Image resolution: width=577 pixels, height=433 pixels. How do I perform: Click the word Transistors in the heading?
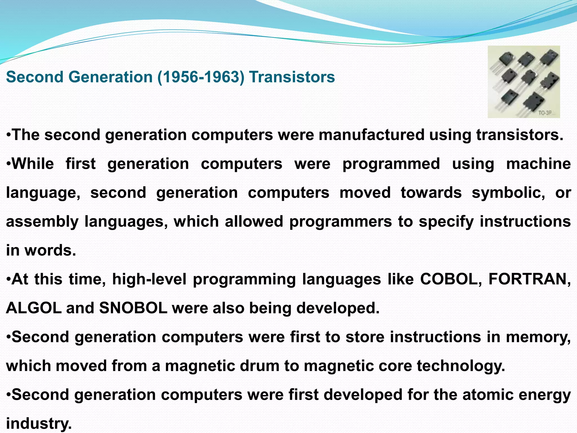(292, 77)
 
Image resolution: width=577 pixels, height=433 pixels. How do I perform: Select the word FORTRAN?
(529, 279)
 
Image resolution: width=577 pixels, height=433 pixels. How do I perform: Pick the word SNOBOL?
(133, 308)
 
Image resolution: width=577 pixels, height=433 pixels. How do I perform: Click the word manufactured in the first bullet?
(371, 135)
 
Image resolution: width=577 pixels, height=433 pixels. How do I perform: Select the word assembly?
(42, 222)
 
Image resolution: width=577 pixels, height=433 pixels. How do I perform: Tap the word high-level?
(149, 279)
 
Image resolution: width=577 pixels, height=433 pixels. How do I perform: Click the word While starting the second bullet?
(33, 164)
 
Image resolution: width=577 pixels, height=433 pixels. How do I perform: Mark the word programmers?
(340, 221)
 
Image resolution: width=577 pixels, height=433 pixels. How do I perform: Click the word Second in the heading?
(35, 77)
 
